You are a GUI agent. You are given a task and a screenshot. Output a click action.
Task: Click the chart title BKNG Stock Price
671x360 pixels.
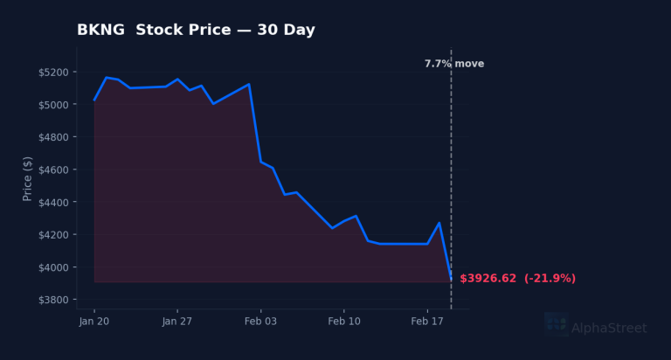(196, 31)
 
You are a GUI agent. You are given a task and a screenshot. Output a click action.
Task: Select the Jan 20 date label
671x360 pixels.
(94, 322)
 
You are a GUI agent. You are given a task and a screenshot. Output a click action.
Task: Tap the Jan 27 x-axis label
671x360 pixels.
(177, 322)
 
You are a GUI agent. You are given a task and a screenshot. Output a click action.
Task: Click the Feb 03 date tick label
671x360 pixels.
(260, 322)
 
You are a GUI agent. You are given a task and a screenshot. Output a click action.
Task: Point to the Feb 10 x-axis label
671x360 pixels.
(343, 322)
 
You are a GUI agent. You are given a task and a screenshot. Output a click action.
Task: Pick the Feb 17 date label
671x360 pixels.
(426, 322)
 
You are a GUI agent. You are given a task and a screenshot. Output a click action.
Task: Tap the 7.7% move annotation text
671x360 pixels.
(454, 64)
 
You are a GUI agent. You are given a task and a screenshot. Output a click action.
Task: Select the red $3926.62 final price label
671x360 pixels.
(517, 279)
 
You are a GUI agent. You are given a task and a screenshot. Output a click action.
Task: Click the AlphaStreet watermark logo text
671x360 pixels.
(609, 329)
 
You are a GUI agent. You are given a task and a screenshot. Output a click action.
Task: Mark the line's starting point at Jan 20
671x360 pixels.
(94, 100)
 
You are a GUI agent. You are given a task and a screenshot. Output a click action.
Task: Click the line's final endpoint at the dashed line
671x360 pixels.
(451, 279)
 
